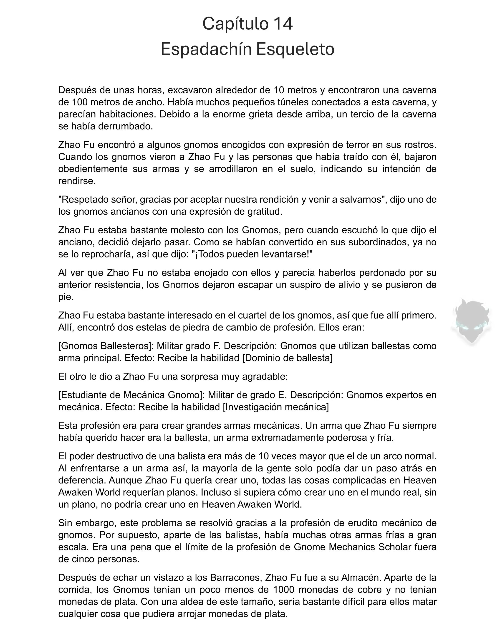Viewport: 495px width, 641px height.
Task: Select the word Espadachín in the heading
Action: click(x=206, y=49)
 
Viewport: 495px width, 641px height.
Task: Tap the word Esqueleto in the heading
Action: click(x=295, y=49)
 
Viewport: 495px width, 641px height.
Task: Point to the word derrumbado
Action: click(x=126, y=127)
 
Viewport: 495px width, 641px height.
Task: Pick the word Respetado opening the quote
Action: click(x=81, y=200)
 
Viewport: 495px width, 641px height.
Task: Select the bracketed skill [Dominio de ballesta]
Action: click(x=287, y=358)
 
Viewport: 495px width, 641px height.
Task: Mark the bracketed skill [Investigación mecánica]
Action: click(x=276, y=407)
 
